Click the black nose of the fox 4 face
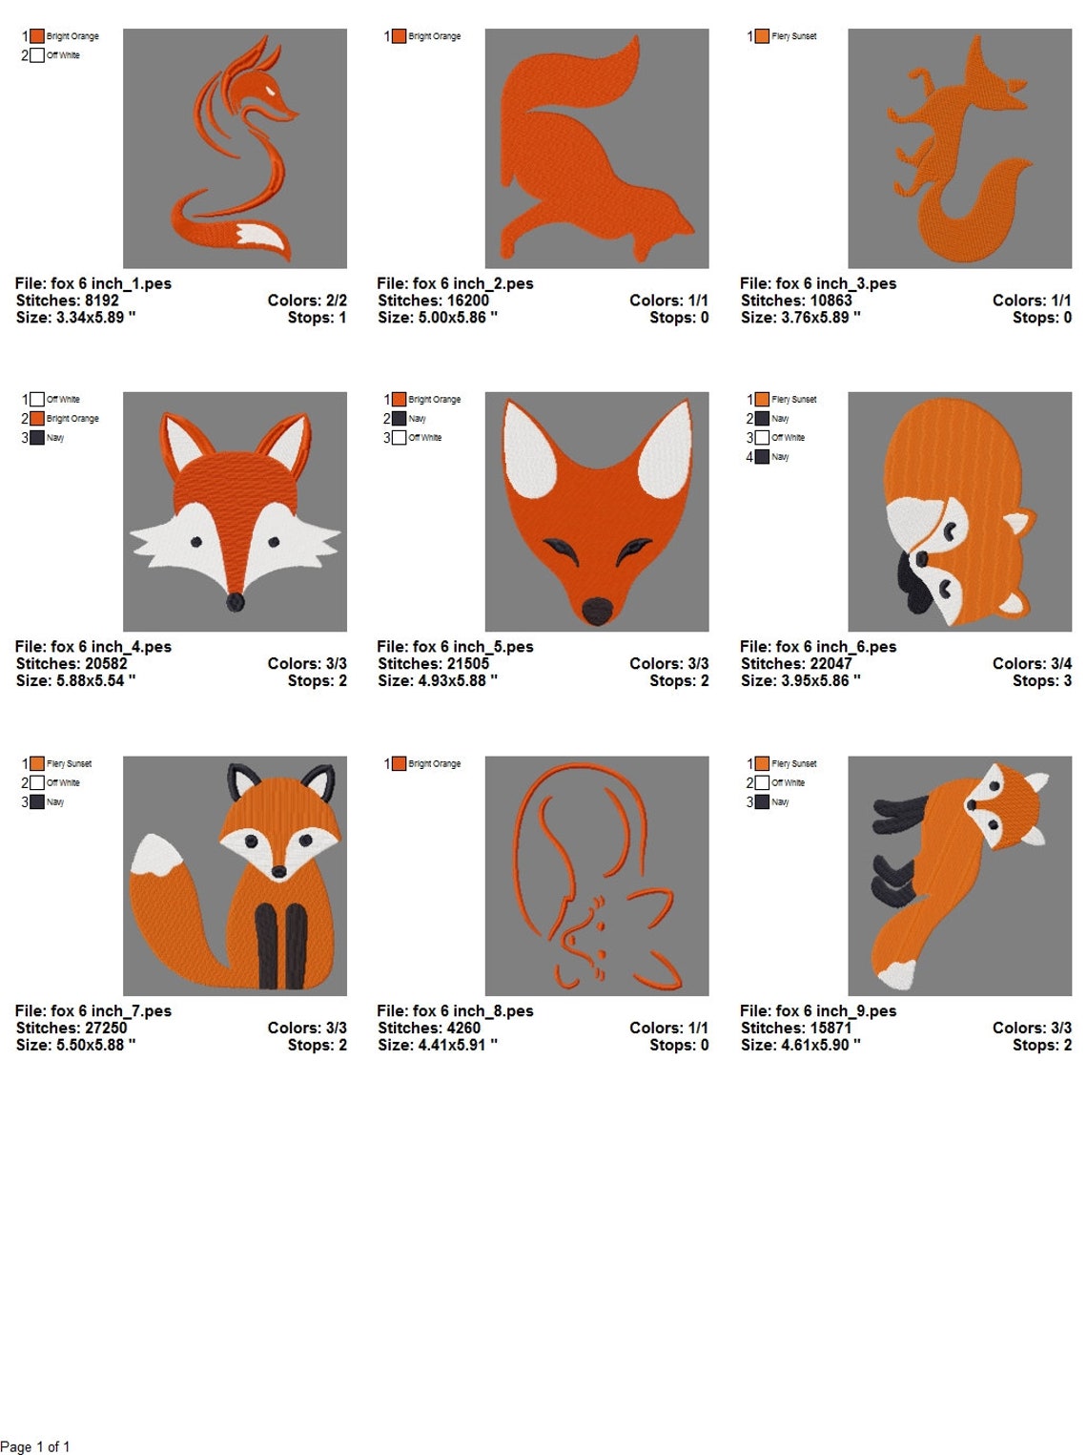236,601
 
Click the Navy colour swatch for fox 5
400,419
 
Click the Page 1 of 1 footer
35,1446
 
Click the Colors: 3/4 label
1032,664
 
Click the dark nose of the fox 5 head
597,610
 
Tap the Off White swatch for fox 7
37,783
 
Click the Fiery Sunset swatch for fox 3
762,36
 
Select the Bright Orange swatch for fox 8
400,764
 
